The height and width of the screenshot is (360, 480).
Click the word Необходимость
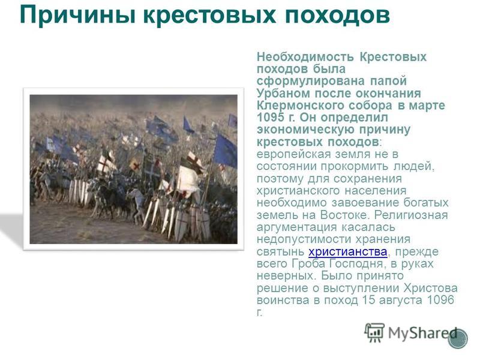[x=305, y=57]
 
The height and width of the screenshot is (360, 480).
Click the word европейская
[x=294, y=154]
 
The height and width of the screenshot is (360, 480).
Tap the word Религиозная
[x=411, y=215]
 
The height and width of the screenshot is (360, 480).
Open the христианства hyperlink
[x=348, y=251]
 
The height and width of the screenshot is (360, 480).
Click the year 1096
[x=440, y=300]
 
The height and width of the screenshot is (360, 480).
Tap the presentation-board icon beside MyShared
[x=374, y=332]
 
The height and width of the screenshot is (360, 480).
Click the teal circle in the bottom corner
[x=458, y=338]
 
